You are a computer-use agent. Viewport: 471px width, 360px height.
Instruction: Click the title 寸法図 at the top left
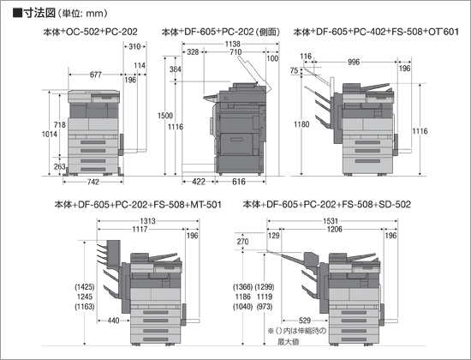(39, 13)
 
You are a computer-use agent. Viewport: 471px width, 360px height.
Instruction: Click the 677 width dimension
(96, 75)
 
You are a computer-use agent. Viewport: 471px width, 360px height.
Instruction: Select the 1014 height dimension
(50, 134)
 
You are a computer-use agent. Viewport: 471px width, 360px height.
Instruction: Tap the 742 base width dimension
(93, 182)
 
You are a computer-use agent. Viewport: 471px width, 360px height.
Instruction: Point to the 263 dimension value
(59, 166)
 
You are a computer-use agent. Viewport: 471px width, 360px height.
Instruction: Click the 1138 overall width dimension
(233, 45)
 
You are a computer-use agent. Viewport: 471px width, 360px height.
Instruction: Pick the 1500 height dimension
(165, 116)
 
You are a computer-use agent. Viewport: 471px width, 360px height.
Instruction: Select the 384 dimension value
(175, 69)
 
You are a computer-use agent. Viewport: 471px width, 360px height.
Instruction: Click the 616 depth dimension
(239, 182)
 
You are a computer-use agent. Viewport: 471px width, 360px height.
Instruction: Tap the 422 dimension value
(199, 182)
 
